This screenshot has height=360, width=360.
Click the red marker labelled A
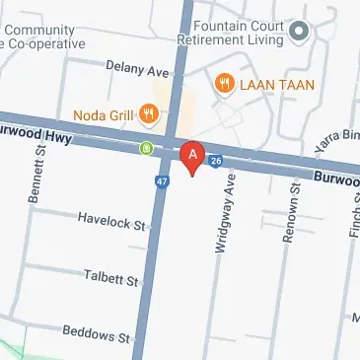tap(192, 158)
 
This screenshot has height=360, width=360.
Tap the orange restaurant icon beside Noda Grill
tap(149, 112)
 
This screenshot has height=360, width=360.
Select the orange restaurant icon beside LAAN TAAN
tap(224, 85)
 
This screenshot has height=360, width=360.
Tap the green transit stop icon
tap(146, 149)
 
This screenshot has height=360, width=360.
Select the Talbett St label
tap(110, 280)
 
